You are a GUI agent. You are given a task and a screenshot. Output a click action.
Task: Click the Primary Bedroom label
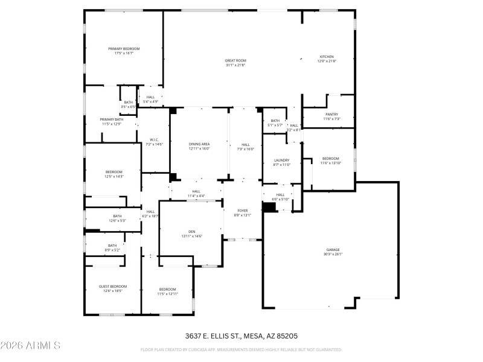(x=124, y=49)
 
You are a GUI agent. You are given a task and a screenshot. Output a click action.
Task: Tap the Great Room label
(x=235, y=60)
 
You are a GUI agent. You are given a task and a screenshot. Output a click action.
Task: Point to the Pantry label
(x=332, y=114)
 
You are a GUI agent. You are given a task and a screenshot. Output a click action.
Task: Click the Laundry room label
(x=282, y=160)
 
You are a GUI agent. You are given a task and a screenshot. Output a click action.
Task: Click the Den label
(x=192, y=231)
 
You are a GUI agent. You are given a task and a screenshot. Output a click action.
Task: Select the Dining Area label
(x=199, y=144)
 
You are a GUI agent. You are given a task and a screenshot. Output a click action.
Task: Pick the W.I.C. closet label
(x=154, y=139)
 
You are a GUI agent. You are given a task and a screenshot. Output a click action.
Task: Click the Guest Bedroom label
(x=114, y=286)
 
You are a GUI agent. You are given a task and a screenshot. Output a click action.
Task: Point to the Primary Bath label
(x=111, y=119)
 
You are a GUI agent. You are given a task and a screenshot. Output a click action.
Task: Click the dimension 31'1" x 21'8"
(x=235, y=65)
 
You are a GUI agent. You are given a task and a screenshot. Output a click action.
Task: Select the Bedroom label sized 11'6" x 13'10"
(x=330, y=158)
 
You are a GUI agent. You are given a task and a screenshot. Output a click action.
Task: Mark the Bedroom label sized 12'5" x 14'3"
(x=114, y=172)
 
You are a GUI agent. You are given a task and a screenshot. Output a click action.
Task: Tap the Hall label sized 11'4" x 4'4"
(x=196, y=191)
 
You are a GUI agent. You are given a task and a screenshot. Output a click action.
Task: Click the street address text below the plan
(x=241, y=335)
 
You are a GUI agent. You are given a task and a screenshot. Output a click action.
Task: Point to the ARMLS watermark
(x=30, y=346)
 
